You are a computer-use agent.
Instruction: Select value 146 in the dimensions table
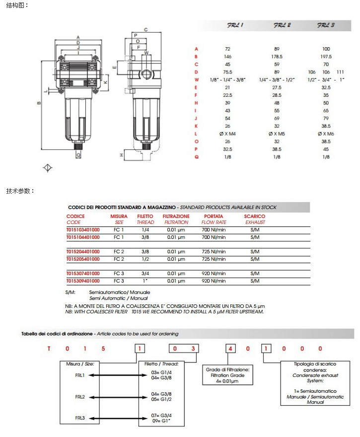pos(228,57)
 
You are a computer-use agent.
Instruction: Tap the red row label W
pos(197,79)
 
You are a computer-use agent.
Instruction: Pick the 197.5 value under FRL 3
pos(326,57)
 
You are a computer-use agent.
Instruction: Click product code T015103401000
pos(83,230)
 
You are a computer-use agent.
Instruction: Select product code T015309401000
pos(83,281)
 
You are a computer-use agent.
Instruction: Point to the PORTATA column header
pos(214,217)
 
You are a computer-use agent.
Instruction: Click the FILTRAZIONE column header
pos(176,217)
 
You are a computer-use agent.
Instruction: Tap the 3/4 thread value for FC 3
pos(145,274)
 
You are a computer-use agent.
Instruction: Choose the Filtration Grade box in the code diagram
pos(228,374)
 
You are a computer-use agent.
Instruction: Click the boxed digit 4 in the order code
pos(230,349)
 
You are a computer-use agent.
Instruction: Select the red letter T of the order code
pos(49,349)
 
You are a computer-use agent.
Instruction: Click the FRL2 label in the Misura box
pos(80,397)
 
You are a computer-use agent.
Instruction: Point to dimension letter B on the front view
pos(39,103)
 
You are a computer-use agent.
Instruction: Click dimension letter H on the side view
pos(122,155)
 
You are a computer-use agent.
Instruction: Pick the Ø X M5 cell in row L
pos(277,134)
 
